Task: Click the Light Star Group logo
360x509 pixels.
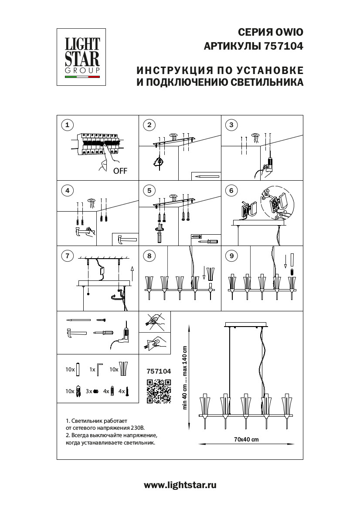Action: pos(83,56)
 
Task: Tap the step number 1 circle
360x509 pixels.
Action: pos(67,125)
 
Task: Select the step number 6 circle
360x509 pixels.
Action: pos(231,190)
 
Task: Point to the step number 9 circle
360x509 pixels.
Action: pos(231,256)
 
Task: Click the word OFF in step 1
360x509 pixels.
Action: pos(120,171)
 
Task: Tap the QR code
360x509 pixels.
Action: pos(159,391)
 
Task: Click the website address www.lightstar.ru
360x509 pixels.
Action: pos(180,485)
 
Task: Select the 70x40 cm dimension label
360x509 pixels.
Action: pos(246,439)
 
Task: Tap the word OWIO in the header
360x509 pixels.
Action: pos(289,32)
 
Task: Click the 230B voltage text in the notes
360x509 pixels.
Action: pos(149,428)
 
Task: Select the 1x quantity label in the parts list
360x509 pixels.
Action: pos(92,369)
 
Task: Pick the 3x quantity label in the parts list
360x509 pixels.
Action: pos(89,391)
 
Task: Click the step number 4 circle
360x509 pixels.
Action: pos(67,190)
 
